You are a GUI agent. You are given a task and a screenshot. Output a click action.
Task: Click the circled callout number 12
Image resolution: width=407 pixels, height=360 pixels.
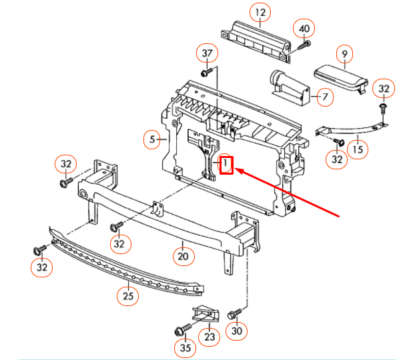260,12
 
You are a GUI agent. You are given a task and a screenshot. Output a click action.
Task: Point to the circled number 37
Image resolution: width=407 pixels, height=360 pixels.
207,53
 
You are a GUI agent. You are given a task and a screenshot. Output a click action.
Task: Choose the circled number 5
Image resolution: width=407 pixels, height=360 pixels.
153,139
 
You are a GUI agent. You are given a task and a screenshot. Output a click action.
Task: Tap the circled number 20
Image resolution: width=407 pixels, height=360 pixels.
183,255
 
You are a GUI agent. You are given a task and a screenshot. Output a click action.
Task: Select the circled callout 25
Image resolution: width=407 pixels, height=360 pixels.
127,294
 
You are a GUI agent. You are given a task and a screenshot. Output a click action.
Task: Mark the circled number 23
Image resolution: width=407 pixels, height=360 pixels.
210,337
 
